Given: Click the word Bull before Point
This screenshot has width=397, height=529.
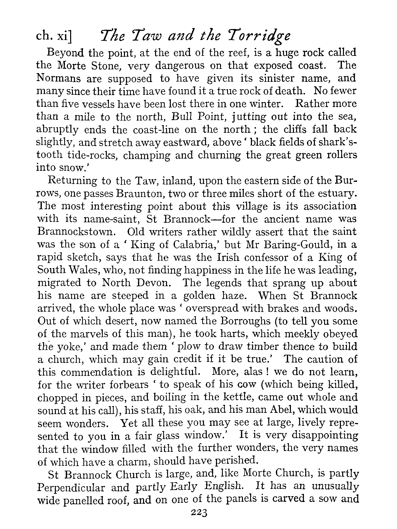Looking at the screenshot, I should click(x=181, y=117).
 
